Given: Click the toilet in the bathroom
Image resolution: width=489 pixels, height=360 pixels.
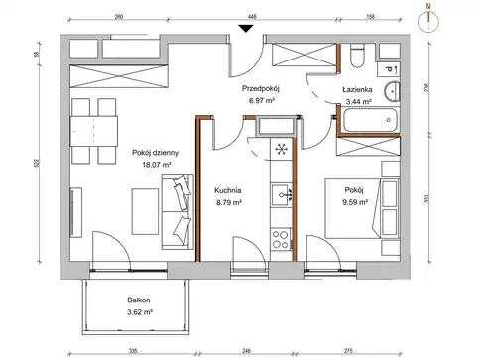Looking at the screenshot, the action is (357, 57).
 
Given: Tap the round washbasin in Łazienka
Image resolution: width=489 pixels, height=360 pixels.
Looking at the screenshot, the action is (392, 91).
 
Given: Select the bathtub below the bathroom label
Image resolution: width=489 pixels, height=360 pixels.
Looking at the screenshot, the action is (370, 120).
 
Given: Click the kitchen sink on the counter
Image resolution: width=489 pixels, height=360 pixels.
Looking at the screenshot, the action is (281, 195).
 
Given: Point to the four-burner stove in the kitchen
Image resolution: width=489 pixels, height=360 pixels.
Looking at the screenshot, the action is (280, 239).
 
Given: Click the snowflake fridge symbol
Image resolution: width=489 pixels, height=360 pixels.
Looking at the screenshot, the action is (282, 149).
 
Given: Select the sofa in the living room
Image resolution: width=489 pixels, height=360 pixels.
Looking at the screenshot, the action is (178, 211).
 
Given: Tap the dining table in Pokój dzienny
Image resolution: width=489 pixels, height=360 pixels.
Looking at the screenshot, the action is (94, 131).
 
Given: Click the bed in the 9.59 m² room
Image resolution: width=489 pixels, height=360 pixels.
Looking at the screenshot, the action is (362, 208).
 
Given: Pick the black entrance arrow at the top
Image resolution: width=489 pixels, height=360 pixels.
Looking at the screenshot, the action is (246, 29).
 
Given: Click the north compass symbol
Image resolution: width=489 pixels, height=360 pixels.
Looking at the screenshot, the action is (428, 19).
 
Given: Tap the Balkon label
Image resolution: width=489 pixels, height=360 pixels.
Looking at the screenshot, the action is (139, 300).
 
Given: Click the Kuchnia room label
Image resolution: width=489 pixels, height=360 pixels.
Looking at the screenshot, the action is (228, 190).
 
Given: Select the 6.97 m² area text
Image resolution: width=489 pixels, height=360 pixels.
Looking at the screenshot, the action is (262, 100).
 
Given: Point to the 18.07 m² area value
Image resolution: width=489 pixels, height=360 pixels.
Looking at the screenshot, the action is (157, 165).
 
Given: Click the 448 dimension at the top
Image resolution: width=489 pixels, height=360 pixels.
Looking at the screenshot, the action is (252, 17).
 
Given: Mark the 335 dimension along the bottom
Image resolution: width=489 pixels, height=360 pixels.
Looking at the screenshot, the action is (133, 351).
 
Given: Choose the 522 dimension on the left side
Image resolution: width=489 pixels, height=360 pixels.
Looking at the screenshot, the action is (37, 163).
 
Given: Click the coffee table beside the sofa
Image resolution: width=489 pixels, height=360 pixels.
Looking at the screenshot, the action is (145, 211).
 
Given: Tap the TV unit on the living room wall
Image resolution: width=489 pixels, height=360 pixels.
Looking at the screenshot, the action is (76, 212).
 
